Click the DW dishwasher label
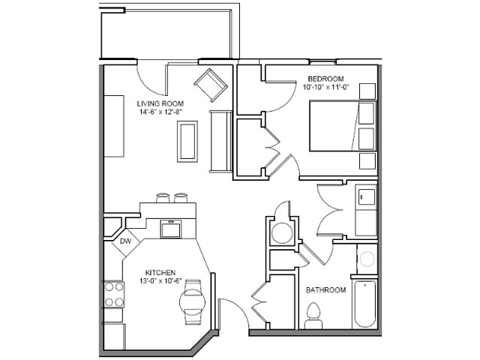(125, 241)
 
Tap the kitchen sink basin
(171, 229)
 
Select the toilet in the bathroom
(313, 315)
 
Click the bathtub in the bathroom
(364, 304)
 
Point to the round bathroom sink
(367, 259)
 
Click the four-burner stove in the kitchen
(114, 295)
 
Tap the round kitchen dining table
(192, 301)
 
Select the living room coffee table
(187, 142)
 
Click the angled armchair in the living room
(211, 85)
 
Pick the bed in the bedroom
(343, 126)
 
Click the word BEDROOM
(325, 79)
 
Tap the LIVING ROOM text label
(160, 103)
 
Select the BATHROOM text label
(326, 290)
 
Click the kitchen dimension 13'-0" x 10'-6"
(160, 280)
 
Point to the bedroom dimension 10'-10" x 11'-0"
(326, 87)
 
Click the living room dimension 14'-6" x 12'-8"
(160, 112)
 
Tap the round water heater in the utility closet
(281, 233)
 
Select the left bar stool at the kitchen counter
(163, 198)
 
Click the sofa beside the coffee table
(220, 142)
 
